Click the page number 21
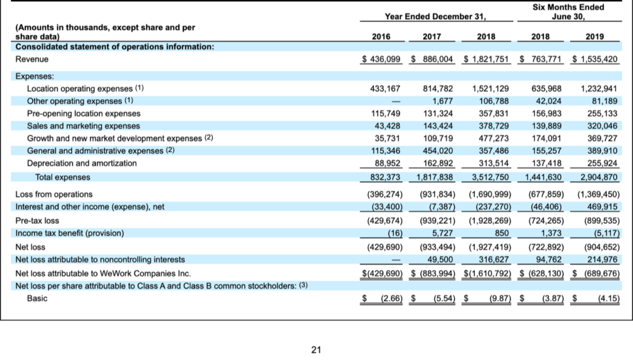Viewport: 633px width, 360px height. [x=316, y=349]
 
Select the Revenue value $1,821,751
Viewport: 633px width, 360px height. [x=486, y=59]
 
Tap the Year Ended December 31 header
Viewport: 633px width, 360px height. [x=435, y=17]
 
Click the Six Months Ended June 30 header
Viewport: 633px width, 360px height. [x=569, y=12]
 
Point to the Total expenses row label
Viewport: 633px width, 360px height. [x=62, y=177]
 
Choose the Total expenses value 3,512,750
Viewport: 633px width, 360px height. [x=490, y=177]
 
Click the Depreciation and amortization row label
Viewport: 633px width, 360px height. [x=82, y=163]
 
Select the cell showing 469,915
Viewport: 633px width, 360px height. [x=602, y=207]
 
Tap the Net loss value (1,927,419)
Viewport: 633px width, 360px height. [x=490, y=247]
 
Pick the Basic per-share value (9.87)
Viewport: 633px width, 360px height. [x=499, y=298]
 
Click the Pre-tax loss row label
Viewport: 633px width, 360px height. [x=37, y=221]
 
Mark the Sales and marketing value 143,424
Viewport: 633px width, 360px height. [x=438, y=126]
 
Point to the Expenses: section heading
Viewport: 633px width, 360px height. [x=35, y=76]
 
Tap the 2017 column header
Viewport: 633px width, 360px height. [x=431, y=36]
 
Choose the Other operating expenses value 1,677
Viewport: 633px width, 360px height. [x=443, y=101]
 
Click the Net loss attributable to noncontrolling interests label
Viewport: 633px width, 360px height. [x=100, y=259]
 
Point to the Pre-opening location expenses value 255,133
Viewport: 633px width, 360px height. [x=602, y=114]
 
